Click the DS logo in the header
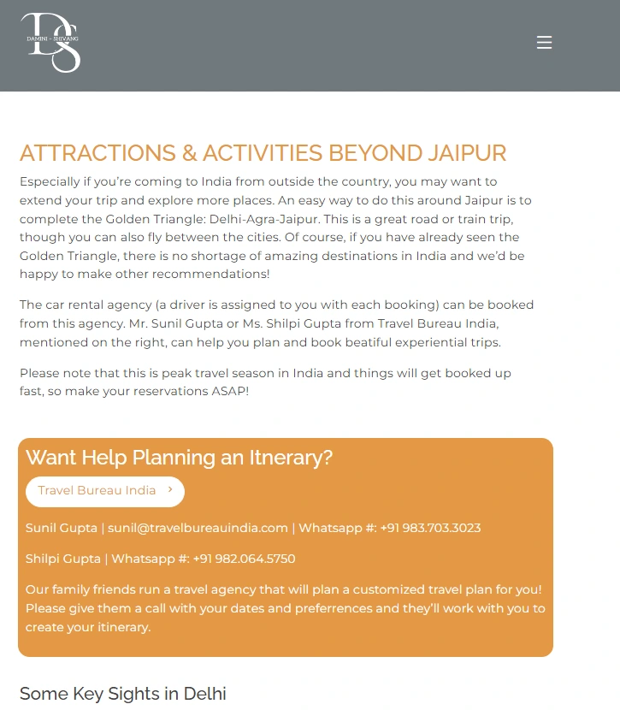pyautogui.click(x=51, y=42)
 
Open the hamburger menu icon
pyautogui.click(x=544, y=43)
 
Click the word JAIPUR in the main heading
pyautogui.click(x=464, y=153)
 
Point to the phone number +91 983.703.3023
pyautogui.click(x=430, y=528)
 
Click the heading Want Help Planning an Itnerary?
pyautogui.click(x=179, y=458)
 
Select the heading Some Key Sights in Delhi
pyautogui.click(x=122, y=693)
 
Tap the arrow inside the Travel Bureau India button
pyautogui.click(x=170, y=490)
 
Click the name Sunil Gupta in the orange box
pyautogui.click(x=61, y=528)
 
